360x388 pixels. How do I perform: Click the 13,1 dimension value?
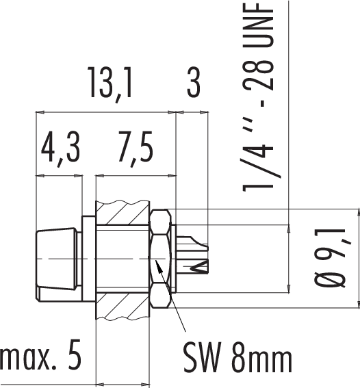point(110,83)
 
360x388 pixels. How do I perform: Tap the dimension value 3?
point(194,82)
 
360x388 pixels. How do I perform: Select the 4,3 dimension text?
point(61,148)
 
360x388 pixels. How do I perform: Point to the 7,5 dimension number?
point(136,148)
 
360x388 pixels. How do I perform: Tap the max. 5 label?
point(40,355)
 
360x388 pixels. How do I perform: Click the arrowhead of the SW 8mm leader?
point(157,265)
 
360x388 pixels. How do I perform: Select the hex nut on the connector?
point(160,259)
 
